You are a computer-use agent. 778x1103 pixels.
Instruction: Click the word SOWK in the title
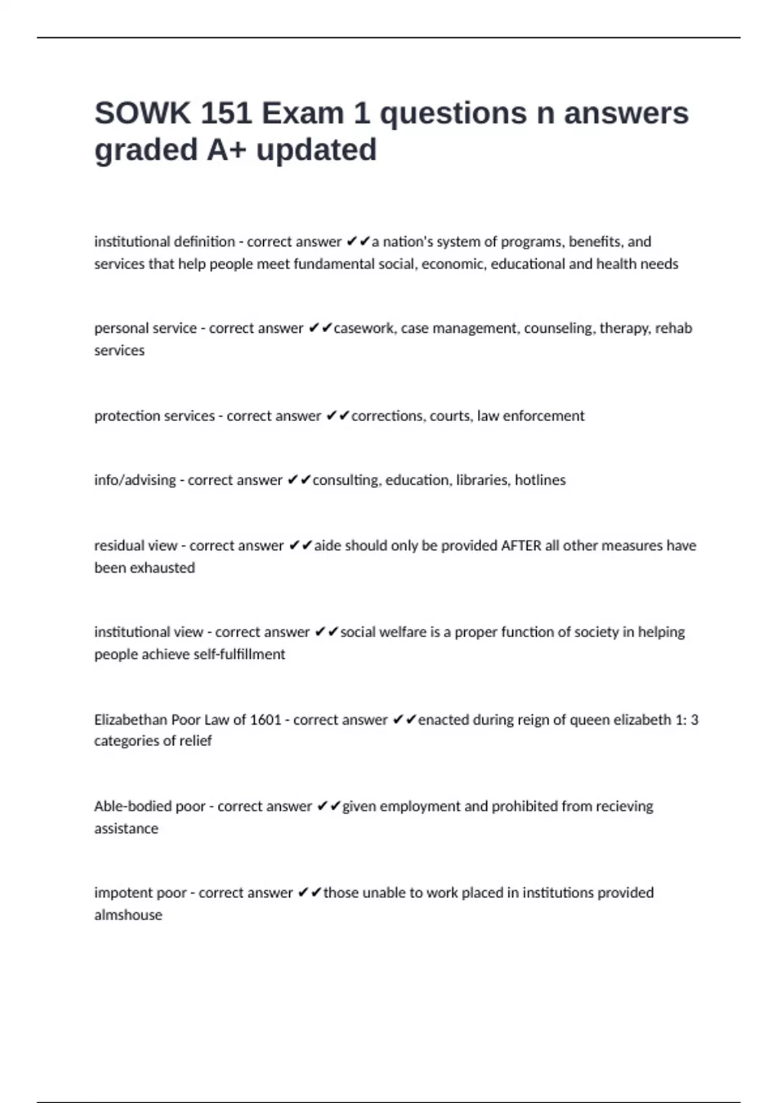142,114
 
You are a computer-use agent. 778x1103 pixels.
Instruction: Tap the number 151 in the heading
226,114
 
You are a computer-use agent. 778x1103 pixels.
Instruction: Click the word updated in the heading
316,150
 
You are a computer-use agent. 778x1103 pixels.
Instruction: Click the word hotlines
540,480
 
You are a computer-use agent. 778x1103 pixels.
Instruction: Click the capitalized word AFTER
521,546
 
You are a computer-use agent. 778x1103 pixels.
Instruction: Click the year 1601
266,720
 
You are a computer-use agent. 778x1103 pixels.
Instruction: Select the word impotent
123,893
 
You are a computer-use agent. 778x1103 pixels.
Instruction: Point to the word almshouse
128,915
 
